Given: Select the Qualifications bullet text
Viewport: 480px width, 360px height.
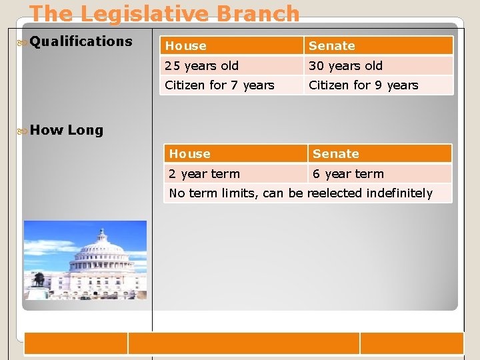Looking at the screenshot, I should (81, 41).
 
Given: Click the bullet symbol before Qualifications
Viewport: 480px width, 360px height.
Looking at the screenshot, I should (22, 42).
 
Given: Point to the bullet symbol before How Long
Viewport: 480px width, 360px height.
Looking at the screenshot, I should (22, 131).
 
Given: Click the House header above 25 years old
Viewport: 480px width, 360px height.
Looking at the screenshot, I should (186, 46).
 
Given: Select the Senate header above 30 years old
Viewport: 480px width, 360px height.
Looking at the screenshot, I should (332, 46).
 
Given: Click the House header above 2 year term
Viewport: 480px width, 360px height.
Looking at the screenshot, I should (189, 154).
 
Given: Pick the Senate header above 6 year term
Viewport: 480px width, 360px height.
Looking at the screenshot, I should (335, 154).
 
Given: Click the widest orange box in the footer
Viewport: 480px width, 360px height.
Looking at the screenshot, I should (243, 343).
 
